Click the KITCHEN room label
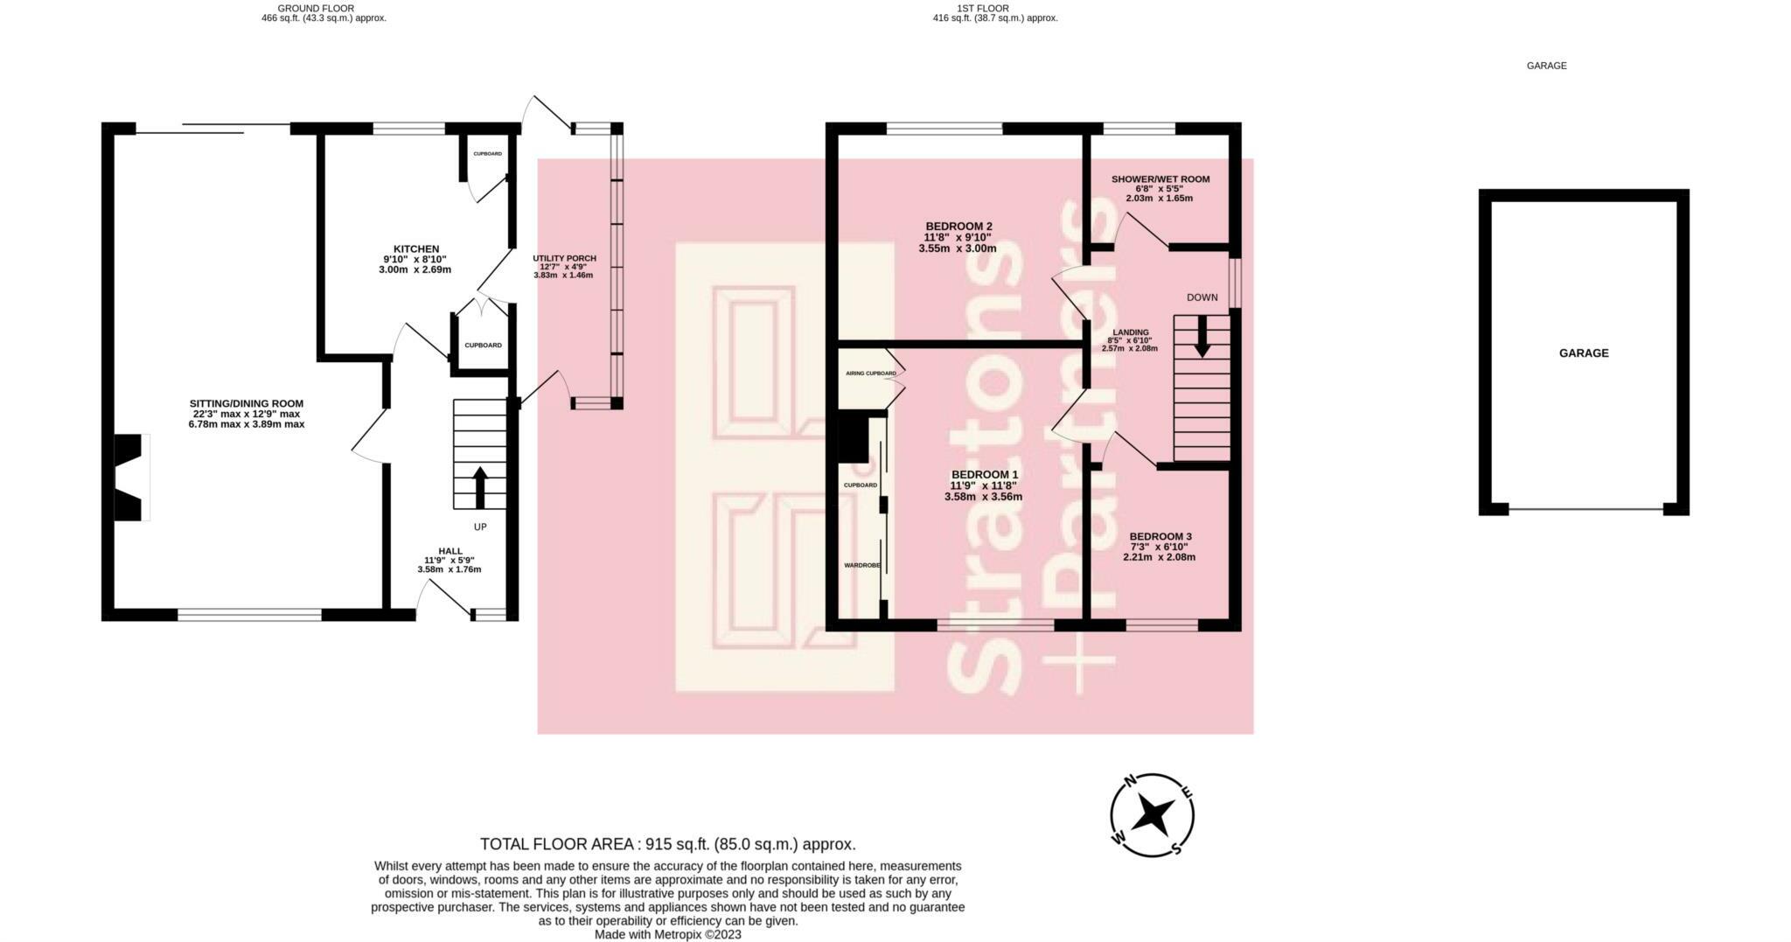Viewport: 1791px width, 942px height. (415, 249)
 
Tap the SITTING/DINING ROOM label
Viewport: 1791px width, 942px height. (246, 403)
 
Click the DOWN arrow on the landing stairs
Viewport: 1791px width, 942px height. (1202, 335)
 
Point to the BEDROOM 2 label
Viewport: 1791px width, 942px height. (958, 227)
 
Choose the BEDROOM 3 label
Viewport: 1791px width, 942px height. (1160, 536)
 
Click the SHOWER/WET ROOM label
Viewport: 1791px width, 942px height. (1160, 179)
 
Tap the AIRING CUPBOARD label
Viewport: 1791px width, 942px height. (870, 373)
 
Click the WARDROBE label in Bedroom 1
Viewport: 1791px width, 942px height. (861, 566)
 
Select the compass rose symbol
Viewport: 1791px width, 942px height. (1152, 815)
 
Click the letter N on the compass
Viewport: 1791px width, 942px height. (1129, 781)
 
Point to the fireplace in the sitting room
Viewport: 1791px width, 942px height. (129, 477)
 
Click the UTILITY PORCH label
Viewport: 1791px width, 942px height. (564, 258)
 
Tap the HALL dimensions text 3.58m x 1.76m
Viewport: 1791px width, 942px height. (449, 569)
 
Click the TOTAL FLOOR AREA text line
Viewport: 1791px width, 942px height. (667, 844)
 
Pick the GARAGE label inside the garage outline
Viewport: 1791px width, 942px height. (1583, 353)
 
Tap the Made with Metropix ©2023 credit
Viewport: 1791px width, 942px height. (667, 934)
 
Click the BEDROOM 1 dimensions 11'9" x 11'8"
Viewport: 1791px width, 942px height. (983, 485)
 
